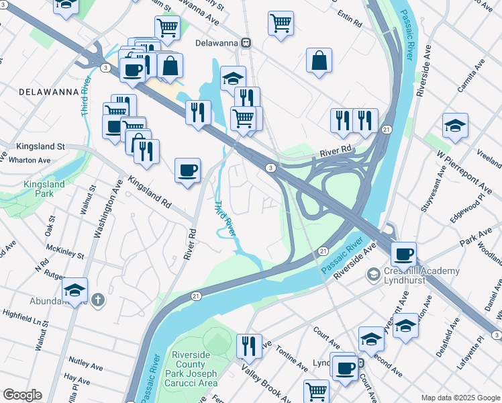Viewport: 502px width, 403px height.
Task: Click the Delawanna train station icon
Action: (x=247, y=43)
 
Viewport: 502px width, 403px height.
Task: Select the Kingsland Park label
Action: (x=44, y=189)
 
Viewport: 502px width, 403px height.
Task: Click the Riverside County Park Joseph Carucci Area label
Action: (x=195, y=368)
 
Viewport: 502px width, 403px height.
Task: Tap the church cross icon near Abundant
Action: (x=98, y=300)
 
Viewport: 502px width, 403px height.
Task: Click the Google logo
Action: (x=22, y=395)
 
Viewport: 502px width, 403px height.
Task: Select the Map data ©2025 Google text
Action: (x=460, y=397)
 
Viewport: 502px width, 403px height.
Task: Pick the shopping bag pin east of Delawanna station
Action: (x=319, y=60)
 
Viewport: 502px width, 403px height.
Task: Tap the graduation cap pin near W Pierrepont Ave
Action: (x=455, y=126)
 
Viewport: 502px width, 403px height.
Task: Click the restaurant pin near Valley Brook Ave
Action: (x=249, y=346)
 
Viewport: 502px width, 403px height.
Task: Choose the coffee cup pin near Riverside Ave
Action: (x=403, y=255)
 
